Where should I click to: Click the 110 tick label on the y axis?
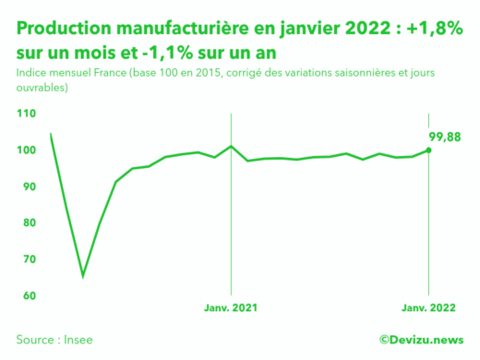[26, 114]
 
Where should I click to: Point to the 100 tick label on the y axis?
[26, 150]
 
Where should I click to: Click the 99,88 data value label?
[443, 138]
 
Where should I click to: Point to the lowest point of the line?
[83, 276]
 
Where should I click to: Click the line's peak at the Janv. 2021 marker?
[231, 146]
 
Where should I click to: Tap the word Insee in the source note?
[77, 340]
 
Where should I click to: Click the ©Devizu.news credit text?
[421, 340]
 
